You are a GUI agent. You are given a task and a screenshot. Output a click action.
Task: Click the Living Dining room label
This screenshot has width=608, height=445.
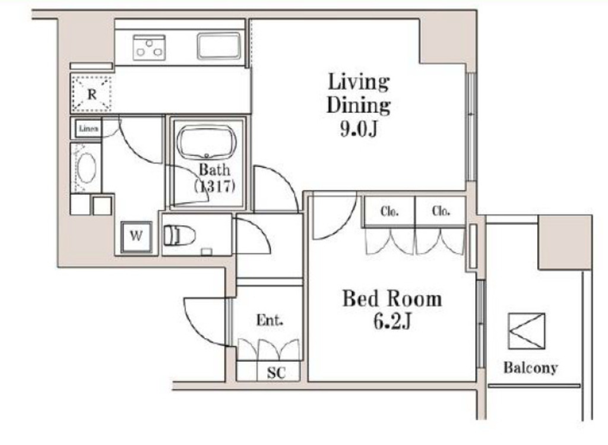tap(358, 93)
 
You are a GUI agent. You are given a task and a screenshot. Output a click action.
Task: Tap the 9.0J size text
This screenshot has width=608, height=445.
tap(359, 129)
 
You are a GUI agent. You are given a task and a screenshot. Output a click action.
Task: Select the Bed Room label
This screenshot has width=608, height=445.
tap(392, 299)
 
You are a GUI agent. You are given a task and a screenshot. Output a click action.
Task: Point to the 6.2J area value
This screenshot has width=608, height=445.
tap(392, 321)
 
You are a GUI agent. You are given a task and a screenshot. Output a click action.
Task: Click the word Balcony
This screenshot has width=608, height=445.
tap(530, 367)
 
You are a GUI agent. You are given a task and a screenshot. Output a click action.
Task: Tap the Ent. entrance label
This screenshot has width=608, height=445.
tap(270, 320)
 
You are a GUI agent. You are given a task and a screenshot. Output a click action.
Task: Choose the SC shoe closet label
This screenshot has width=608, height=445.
tap(276, 373)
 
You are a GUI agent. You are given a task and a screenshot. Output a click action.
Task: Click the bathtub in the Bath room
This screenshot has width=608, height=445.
tap(207, 143)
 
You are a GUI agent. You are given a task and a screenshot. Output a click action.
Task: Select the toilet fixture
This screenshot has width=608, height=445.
tap(179, 235)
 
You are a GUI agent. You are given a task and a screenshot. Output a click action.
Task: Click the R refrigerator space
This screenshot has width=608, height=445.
tap(91, 94)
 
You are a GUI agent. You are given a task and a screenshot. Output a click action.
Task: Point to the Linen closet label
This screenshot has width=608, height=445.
tap(88, 128)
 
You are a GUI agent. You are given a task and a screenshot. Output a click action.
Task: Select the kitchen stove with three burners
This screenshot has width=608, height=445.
tap(149, 48)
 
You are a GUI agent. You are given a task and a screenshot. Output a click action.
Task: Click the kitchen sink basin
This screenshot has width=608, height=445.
tap(219, 46)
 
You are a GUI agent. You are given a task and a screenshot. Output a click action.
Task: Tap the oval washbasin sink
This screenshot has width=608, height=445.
tap(86, 168)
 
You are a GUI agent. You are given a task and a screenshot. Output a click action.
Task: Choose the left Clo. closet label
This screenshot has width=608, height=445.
tap(389, 212)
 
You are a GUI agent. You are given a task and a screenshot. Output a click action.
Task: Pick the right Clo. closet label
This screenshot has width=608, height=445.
tap(441, 211)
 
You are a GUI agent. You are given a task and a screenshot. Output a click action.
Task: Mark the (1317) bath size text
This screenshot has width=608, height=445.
tap(215, 187)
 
